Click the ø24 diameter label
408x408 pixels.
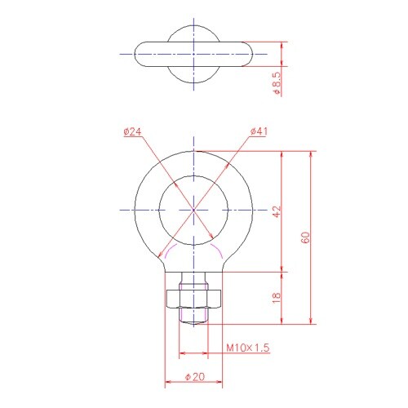[x=132, y=132]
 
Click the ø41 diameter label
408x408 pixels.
[x=259, y=131]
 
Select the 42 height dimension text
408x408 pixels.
[x=277, y=211]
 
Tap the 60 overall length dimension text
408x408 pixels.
[x=306, y=237]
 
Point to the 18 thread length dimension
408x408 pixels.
[x=277, y=298]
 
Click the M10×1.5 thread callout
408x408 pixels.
[x=248, y=348]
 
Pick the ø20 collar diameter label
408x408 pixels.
[x=195, y=377]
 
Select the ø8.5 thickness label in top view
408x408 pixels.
[x=277, y=83]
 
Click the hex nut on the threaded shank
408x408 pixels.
[x=193, y=299]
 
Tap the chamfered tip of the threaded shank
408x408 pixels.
[x=193, y=323]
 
